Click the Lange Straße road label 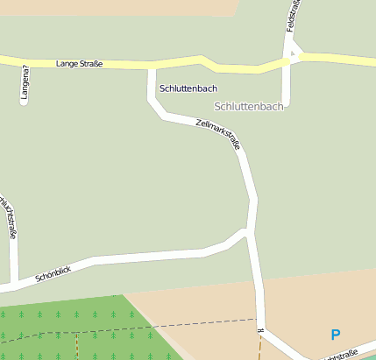[79, 64]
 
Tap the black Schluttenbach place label [188, 88]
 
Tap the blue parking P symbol [335, 334]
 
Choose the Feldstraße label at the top [294, 16]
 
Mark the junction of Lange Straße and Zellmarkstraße [152, 66]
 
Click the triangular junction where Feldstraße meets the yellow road [293, 57]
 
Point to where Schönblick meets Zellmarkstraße [250, 233]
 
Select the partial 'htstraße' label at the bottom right [340, 354]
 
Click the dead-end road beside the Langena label [24, 88]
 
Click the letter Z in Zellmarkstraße [200, 123]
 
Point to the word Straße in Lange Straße [91, 64]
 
